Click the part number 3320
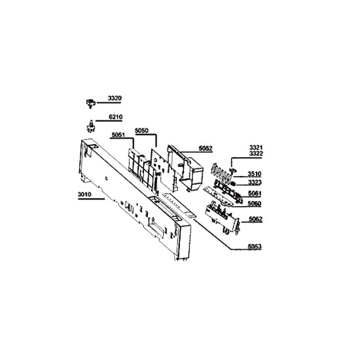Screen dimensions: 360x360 (x=115, y=98)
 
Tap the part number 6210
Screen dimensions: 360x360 (x=115, y=117)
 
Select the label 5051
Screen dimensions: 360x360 (x=118, y=135)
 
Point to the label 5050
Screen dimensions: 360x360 (x=141, y=131)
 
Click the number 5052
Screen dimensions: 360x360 (x=206, y=149)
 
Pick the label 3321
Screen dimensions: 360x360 (x=256, y=147)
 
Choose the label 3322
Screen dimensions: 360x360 (x=256, y=153)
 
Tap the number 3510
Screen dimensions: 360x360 (x=255, y=174)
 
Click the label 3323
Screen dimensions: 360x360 (x=255, y=183)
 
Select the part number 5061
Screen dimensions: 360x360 (x=255, y=193)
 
